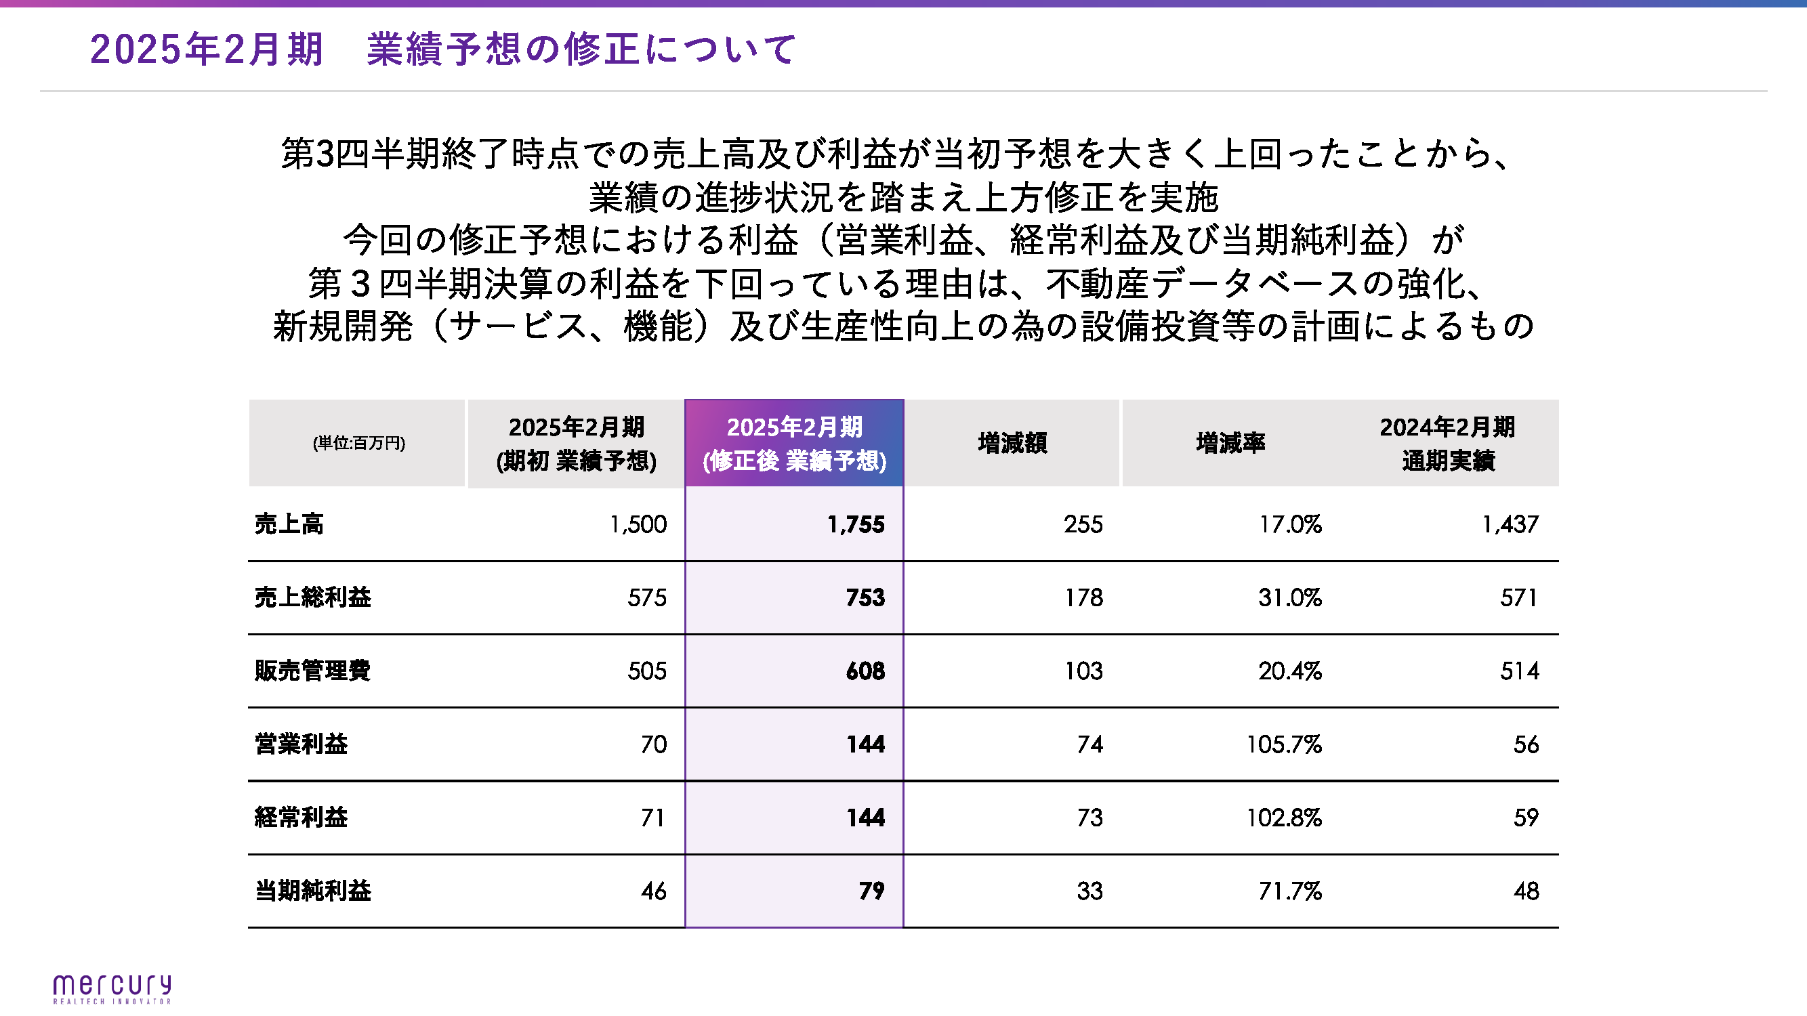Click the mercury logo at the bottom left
pyautogui.click(x=112, y=988)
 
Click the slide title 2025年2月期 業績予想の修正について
pyautogui.click(x=442, y=49)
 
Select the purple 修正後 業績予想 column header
pyautogui.click(x=794, y=443)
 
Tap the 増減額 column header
pyautogui.click(x=1012, y=443)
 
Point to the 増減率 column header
pyautogui.click(x=1230, y=443)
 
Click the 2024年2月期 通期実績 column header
pyautogui.click(x=1447, y=443)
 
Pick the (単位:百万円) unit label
pyautogui.click(x=358, y=443)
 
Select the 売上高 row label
pyautogui.click(x=289, y=524)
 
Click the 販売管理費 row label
pyautogui.click(x=312, y=671)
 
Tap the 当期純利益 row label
pyautogui.click(x=312, y=891)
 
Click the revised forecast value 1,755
pyautogui.click(x=855, y=524)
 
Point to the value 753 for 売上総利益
pyautogui.click(x=865, y=597)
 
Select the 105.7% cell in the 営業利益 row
pyautogui.click(x=1284, y=744)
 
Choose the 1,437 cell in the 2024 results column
pyautogui.click(x=1510, y=524)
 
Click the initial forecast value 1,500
pyautogui.click(x=638, y=524)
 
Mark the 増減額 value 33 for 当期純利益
pyautogui.click(x=1089, y=891)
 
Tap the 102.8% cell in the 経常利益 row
pyautogui.click(x=1284, y=818)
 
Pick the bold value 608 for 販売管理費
pyautogui.click(x=865, y=671)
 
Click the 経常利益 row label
pyautogui.click(x=301, y=818)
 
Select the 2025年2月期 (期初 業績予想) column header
pyautogui.click(x=576, y=443)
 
